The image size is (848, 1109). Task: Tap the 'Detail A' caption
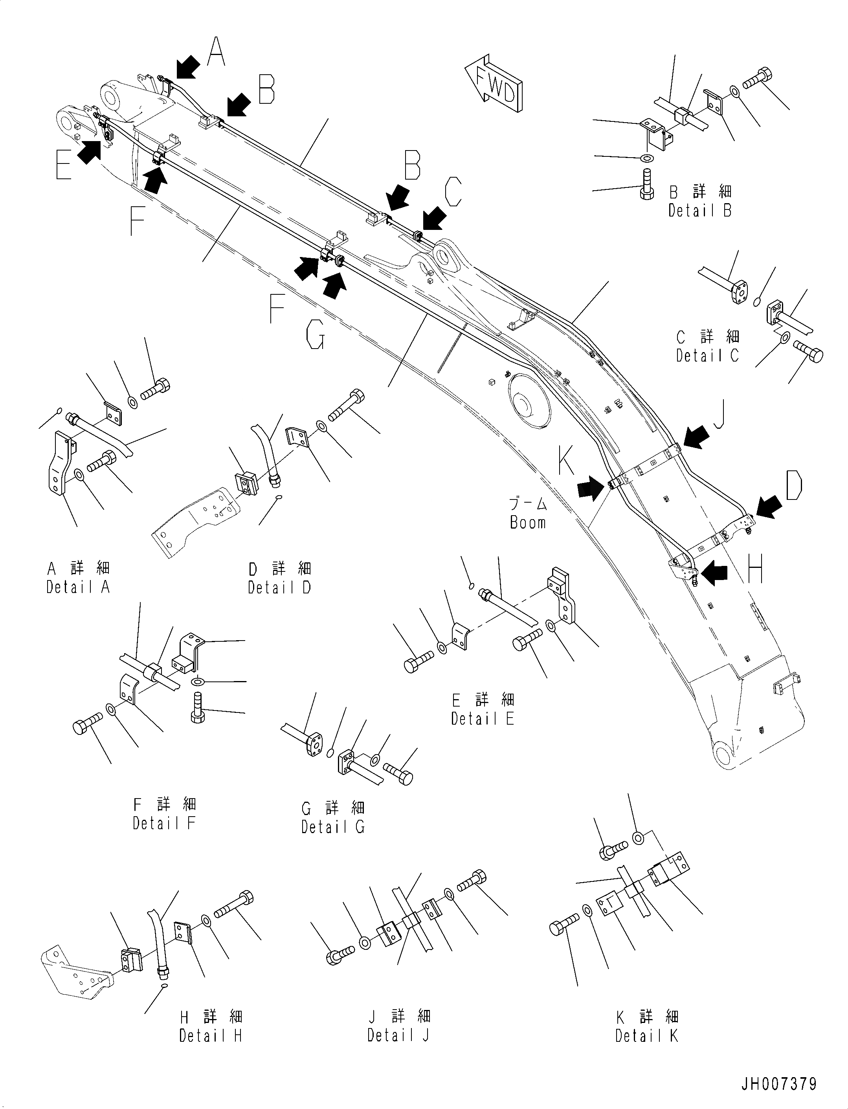78,587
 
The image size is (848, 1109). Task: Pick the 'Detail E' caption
483,718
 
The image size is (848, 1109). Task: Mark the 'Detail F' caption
164,823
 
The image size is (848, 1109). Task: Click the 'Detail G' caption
333,826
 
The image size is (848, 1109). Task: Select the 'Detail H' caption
211,1036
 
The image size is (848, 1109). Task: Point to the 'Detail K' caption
647,1036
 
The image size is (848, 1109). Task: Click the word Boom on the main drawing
528,522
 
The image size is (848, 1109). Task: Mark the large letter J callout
720,415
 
